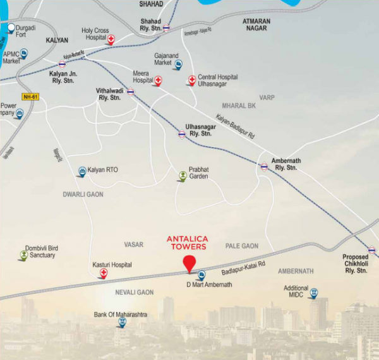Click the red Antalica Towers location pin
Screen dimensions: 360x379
coord(189,264)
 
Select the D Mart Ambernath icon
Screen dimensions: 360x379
coord(202,275)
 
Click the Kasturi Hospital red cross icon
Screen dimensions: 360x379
coord(103,275)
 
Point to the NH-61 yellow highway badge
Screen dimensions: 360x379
coord(30,97)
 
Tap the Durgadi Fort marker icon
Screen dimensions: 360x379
coord(11,28)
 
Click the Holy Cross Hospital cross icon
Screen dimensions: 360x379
coord(111,40)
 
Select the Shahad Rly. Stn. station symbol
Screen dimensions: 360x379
coord(166,28)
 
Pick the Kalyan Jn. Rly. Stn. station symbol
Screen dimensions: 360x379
coord(62,64)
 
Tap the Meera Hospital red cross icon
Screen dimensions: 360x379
coord(159,80)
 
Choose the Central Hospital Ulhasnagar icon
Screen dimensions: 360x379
coord(192,80)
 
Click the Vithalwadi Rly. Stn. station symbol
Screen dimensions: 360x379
coord(131,92)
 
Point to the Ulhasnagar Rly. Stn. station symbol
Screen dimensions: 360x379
coord(182,135)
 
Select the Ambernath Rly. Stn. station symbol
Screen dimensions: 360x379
coord(264,167)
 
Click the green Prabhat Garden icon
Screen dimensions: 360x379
coord(183,176)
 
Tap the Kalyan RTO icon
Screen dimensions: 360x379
coord(82,171)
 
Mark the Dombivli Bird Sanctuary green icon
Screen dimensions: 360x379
coord(24,255)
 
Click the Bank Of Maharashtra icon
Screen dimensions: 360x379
coord(121,323)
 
